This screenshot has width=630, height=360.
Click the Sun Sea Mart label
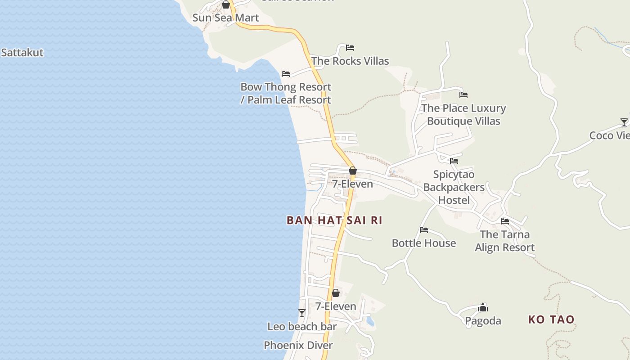point(225,18)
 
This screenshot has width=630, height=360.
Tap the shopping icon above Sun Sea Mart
point(226,5)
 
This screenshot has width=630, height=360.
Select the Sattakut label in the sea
point(22,53)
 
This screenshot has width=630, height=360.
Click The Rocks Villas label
point(350,61)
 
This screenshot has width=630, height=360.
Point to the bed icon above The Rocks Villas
point(350,48)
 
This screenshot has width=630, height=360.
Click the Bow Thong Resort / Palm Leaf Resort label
point(286,94)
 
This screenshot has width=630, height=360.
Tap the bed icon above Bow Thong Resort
point(286,74)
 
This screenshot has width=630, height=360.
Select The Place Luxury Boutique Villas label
point(463,115)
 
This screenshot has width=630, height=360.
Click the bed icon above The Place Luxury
point(463,95)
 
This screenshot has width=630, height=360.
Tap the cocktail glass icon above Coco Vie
point(624,122)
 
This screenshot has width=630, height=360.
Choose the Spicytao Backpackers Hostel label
point(454,187)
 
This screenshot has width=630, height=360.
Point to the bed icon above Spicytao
point(454,161)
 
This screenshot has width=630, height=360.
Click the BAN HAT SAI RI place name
point(334,220)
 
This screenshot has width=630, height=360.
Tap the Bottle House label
point(424,243)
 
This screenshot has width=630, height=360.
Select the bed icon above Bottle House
point(424,230)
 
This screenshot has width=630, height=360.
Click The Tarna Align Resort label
point(505,241)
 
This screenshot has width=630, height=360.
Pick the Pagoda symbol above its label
point(483,307)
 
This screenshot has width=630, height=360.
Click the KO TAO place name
point(551,320)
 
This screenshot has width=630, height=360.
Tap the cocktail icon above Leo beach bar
point(302,313)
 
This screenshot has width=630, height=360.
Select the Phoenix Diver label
point(298,346)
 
